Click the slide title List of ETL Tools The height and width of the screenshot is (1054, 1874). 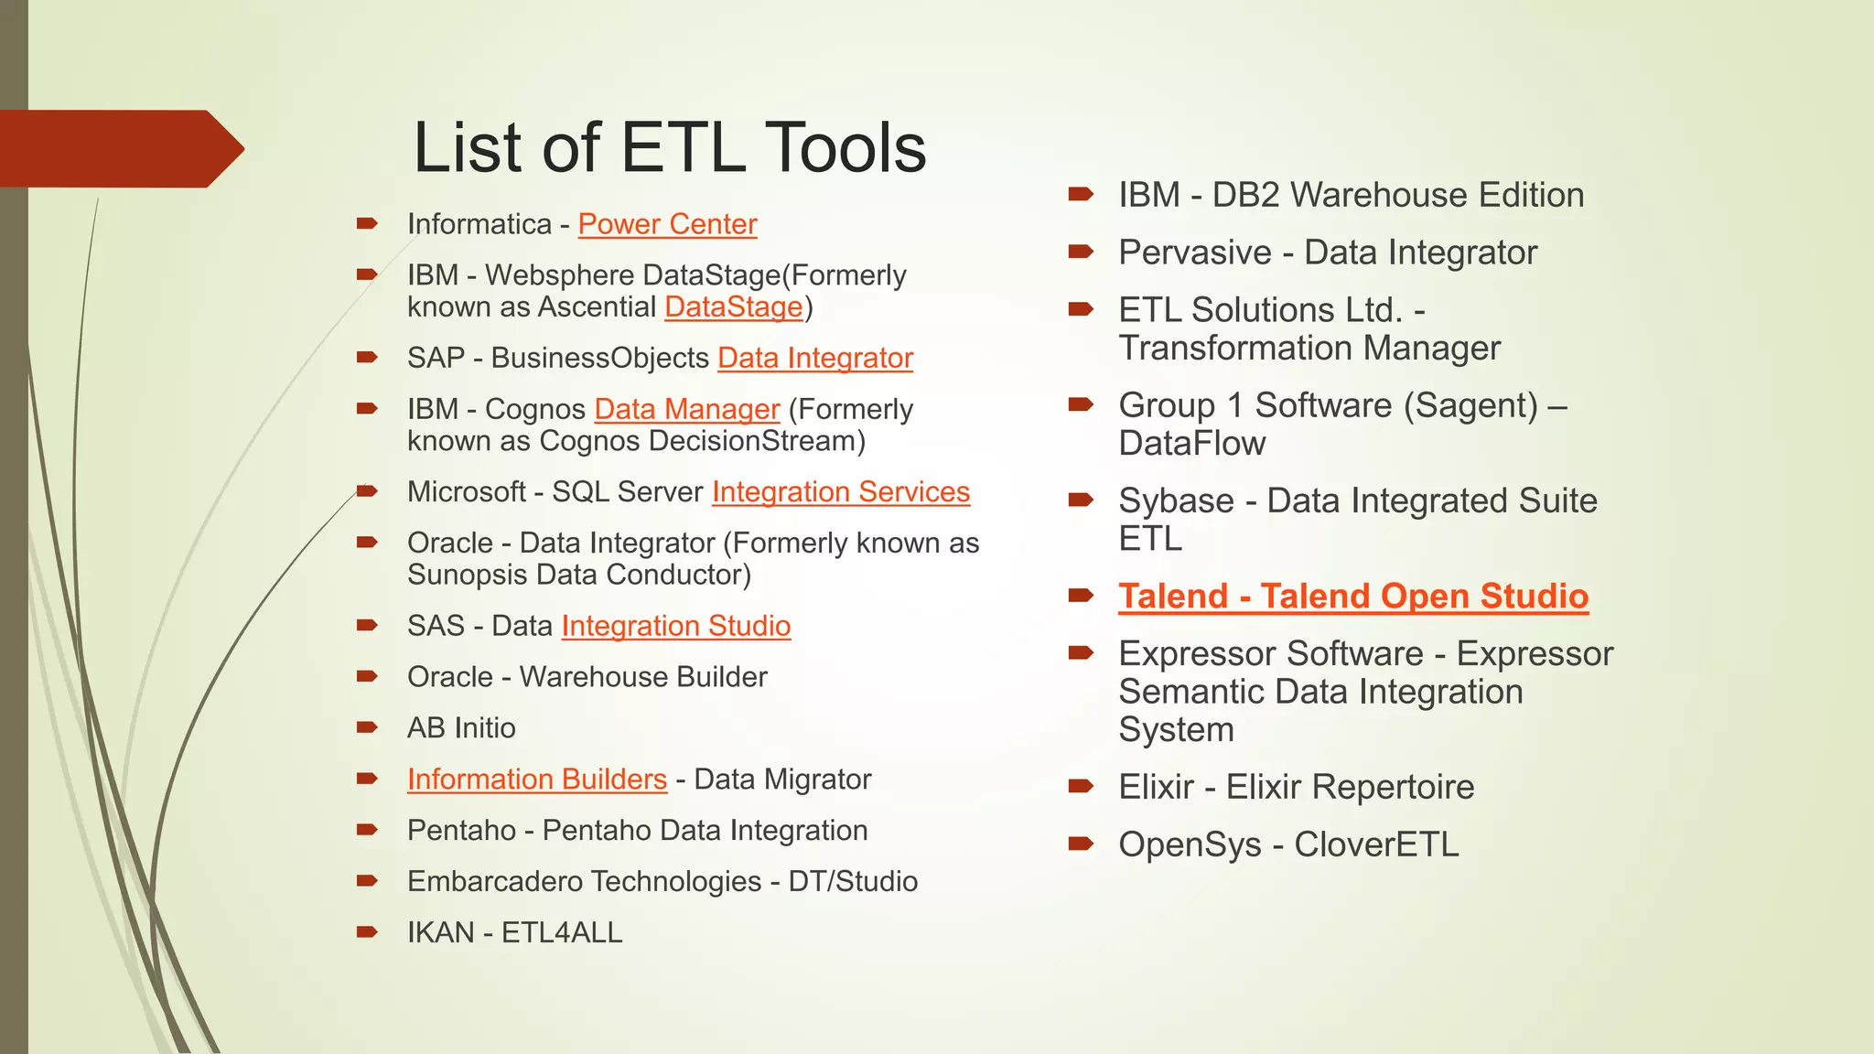tap(669, 148)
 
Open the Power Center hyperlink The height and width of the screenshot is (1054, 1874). tap(667, 224)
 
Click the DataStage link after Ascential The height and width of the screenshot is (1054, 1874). tap(733, 307)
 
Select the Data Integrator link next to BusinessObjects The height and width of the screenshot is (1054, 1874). tap(814, 358)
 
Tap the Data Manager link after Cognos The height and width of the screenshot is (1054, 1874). tap(686, 409)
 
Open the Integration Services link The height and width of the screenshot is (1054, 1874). tap(840, 491)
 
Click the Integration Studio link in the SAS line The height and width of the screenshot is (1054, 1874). tap(675, 626)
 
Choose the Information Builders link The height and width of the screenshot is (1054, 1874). tap(536, 780)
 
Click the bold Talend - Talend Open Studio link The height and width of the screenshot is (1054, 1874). tap(1352, 597)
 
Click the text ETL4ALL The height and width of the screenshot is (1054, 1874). tap(562, 933)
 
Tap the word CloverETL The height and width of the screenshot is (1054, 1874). tap(1376, 844)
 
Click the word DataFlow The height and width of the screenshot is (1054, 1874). tap(1191, 444)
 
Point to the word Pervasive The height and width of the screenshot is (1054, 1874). tap(1194, 253)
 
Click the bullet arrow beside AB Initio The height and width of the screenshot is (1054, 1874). tap(367, 727)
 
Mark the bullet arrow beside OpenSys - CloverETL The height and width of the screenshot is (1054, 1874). tap(1081, 843)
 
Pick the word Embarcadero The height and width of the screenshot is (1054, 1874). tap(493, 882)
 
